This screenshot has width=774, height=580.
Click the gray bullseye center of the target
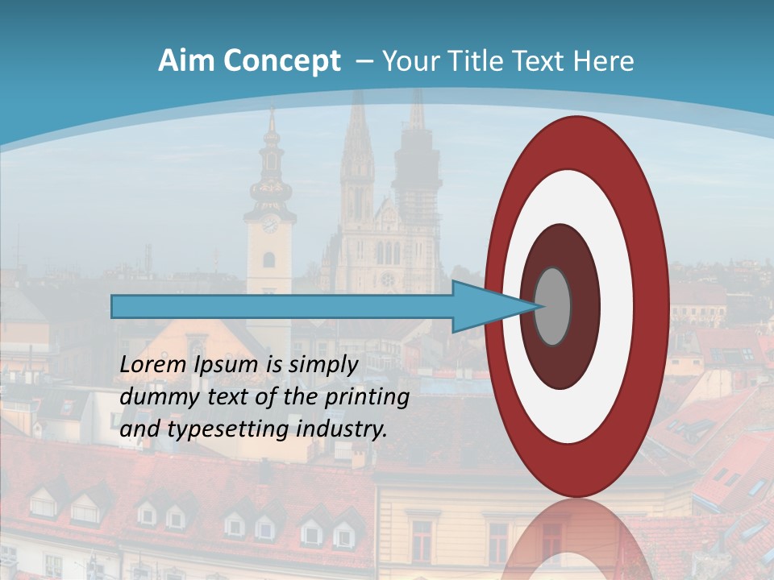[552, 306]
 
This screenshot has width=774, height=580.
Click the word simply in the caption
[322, 365]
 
